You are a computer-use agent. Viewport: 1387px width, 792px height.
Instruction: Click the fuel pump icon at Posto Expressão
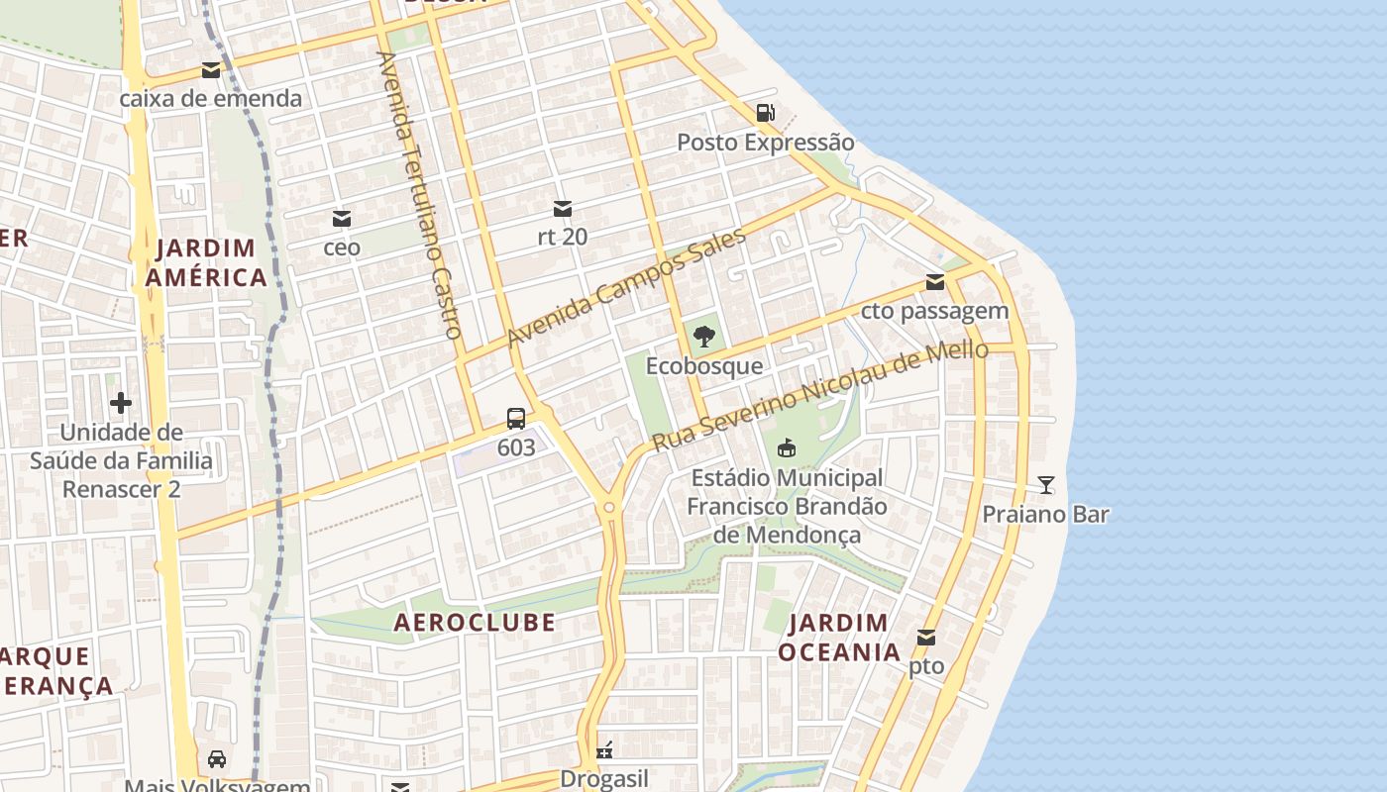pos(765,113)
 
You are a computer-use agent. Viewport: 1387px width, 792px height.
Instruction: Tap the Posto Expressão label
pos(765,143)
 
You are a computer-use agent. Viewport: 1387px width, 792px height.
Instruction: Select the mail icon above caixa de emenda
pos(211,70)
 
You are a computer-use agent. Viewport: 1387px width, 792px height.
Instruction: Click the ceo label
pos(342,247)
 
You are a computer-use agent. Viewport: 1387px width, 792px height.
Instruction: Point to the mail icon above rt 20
pos(562,209)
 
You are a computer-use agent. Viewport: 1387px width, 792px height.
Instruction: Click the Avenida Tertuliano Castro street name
pos(420,195)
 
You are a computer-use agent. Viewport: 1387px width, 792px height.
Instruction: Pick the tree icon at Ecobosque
pos(704,337)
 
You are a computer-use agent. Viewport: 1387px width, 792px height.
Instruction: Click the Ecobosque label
pos(704,366)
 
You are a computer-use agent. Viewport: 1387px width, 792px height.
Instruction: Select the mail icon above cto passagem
pos(935,282)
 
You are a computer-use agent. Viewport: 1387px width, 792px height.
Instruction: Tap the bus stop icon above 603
pos(516,418)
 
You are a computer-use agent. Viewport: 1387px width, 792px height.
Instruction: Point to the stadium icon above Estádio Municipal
pos(787,448)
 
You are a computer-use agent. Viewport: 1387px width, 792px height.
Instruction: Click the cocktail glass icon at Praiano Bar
pos(1046,485)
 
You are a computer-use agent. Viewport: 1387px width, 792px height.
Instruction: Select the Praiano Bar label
pos(1046,515)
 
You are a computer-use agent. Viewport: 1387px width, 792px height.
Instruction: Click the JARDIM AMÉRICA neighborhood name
pos(206,262)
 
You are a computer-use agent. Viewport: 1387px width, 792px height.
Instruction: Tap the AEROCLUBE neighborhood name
pos(475,623)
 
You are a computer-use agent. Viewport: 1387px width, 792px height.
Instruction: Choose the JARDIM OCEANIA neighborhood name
pos(839,638)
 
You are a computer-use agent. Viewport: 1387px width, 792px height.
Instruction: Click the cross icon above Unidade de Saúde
pos(121,403)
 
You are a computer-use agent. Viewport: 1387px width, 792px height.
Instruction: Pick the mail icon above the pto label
pos(926,638)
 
